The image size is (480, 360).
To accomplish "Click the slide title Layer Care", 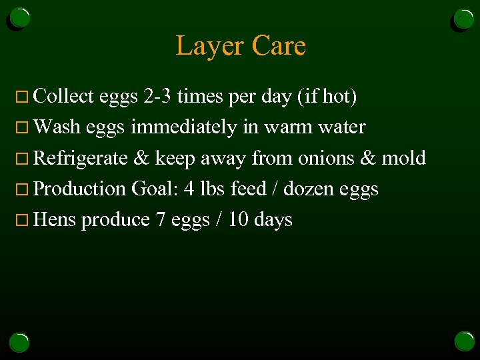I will pyautogui.click(x=240, y=46).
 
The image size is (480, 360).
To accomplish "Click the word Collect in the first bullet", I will pyautogui.click(x=63, y=97).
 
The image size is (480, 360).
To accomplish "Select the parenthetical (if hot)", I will pyautogui.click(x=329, y=97).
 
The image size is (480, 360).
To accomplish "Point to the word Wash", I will pyautogui.click(x=56, y=127).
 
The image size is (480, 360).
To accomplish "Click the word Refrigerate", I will pyautogui.click(x=80, y=158).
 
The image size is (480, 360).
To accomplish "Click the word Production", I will pyautogui.click(x=79, y=189).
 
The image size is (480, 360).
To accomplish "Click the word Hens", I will pyautogui.click(x=55, y=219).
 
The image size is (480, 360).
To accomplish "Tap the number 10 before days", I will pyautogui.click(x=238, y=219).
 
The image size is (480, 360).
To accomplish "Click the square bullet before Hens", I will pyautogui.click(x=25, y=220).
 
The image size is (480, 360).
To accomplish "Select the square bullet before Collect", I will pyautogui.click(x=25, y=97).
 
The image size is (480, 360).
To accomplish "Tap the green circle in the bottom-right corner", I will pyautogui.click(x=464, y=341).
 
